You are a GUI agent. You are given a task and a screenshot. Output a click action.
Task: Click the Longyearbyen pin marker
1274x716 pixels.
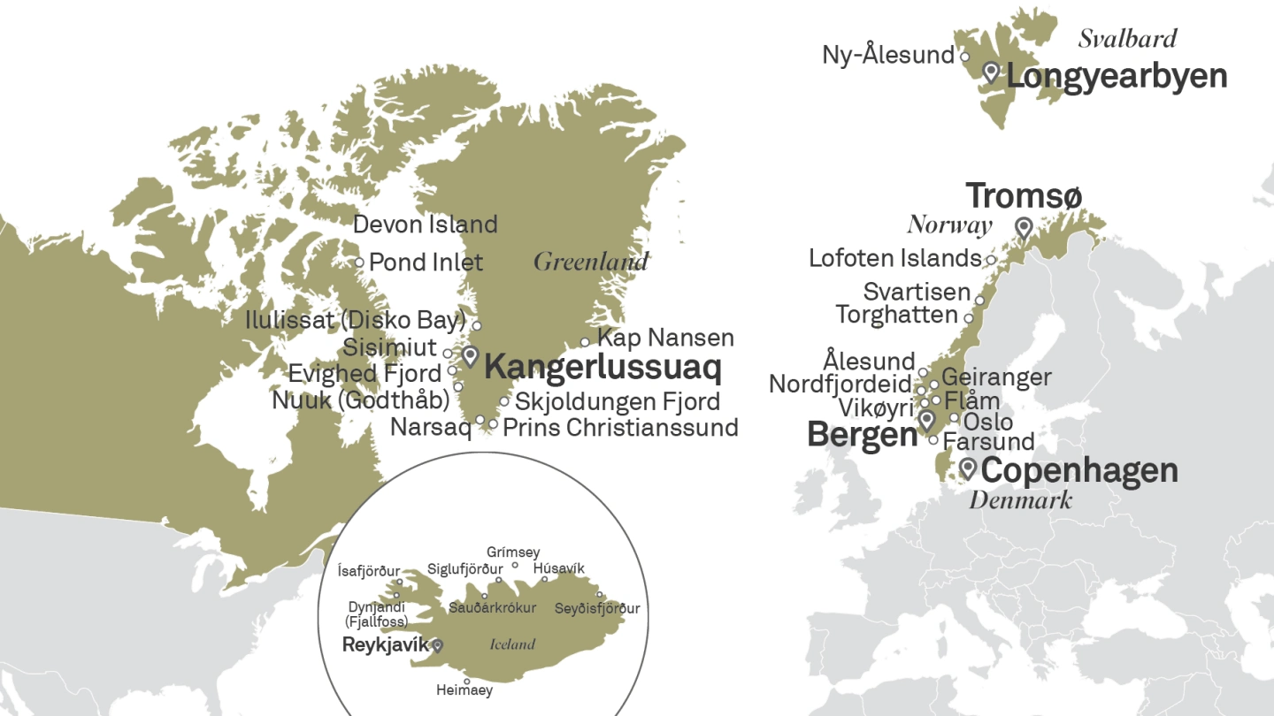coord(991,72)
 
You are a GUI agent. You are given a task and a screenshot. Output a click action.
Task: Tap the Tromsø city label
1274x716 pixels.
coord(1024,196)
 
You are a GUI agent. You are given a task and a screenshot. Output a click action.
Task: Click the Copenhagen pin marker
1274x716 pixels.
coord(968,467)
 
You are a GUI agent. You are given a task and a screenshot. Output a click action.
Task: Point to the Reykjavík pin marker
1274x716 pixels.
coord(436,645)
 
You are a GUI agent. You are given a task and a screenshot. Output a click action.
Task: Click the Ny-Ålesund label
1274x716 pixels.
coord(888,55)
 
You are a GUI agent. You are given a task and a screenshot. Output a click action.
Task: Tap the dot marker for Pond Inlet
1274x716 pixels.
coord(359,263)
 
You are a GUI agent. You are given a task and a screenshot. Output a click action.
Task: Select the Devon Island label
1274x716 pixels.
coord(425,225)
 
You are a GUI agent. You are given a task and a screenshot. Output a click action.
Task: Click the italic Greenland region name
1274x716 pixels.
coord(590,262)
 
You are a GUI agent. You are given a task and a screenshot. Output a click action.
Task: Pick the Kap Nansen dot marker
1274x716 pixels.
coord(585,342)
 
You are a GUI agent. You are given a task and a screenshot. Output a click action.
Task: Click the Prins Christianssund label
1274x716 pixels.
coord(620,428)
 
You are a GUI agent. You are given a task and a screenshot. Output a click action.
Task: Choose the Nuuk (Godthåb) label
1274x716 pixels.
coord(361,400)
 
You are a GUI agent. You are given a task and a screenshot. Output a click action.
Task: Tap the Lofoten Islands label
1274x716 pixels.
coord(895,258)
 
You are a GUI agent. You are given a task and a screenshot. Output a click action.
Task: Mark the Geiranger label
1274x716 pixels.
coord(996,377)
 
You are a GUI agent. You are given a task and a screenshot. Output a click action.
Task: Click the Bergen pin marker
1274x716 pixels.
coord(926,419)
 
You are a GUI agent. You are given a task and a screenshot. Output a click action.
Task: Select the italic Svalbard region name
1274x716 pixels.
coord(1128,38)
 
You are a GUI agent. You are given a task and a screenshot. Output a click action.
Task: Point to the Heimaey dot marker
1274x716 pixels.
coord(467,682)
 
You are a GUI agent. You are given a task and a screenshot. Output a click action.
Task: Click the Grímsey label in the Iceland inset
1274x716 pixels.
coord(512,552)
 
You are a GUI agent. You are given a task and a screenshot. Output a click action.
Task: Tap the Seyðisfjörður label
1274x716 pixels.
coord(597,608)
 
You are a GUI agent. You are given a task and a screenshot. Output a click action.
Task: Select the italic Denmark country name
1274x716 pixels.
coord(1020,499)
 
